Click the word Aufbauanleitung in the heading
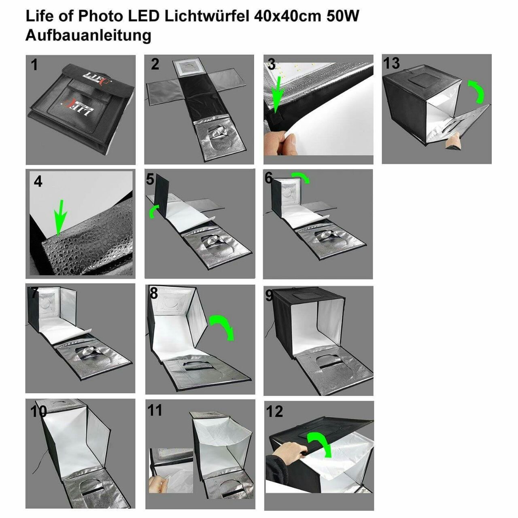pyautogui.click(x=88, y=36)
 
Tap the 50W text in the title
pyautogui.click(x=343, y=16)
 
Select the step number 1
pyautogui.click(x=34, y=65)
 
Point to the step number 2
pyautogui.click(x=155, y=64)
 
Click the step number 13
pyautogui.click(x=391, y=64)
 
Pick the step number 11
pyautogui.click(x=155, y=410)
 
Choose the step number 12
pyautogui.click(x=274, y=412)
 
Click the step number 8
pyautogui.click(x=153, y=293)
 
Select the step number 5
pyautogui.click(x=150, y=179)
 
